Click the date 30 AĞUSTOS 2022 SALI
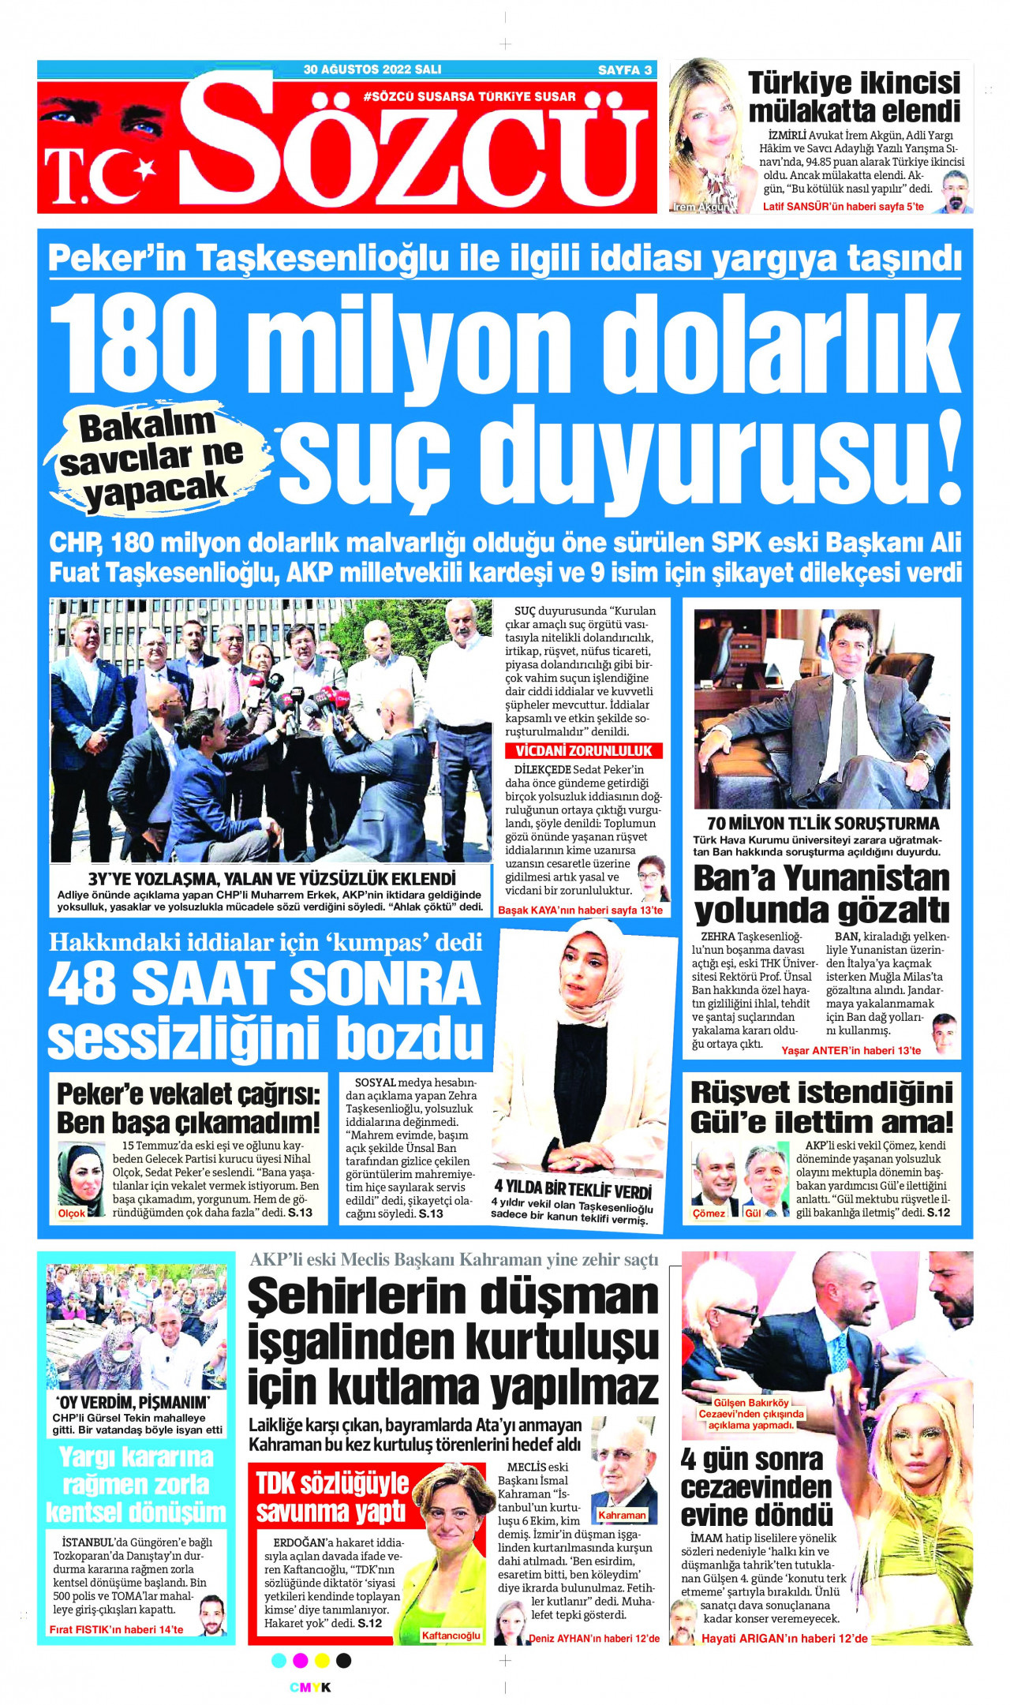point(372,69)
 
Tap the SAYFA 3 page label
point(624,69)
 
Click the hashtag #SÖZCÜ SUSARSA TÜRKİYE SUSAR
point(469,96)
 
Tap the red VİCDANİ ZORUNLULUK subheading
point(584,750)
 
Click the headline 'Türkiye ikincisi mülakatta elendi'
point(854,96)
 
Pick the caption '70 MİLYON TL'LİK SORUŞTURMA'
point(823,823)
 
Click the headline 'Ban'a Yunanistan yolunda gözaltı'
point(821,894)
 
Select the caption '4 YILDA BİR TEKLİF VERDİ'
point(573,1190)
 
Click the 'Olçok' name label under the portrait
point(72,1213)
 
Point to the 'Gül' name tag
point(753,1213)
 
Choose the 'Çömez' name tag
point(709,1213)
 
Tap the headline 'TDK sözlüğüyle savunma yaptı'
point(331,1497)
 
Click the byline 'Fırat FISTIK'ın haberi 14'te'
point(116,1629)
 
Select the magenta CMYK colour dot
point(300,1661)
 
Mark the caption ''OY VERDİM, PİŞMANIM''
point(133,1402)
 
